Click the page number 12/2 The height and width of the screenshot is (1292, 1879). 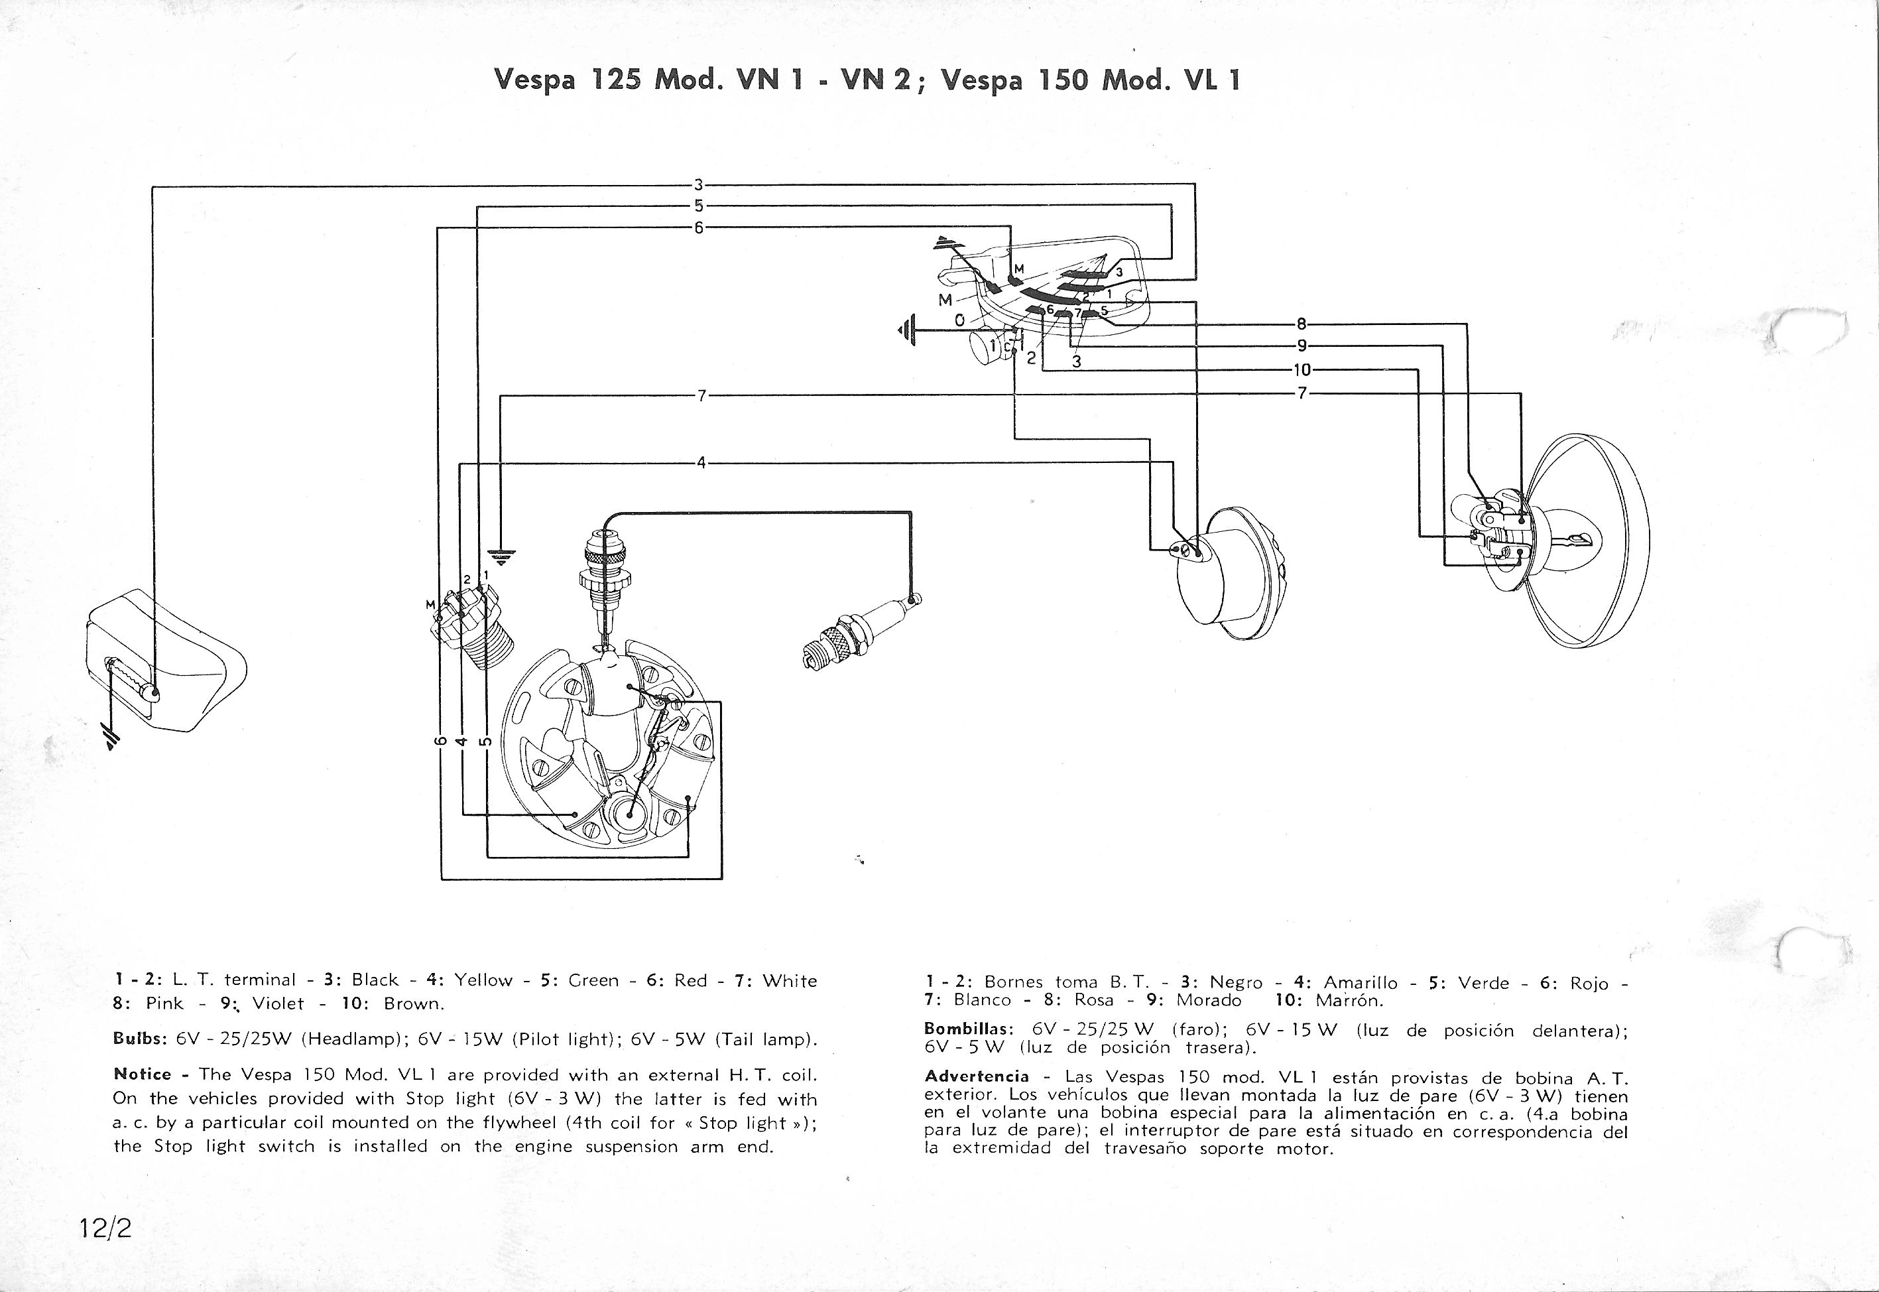pyautogui.click(x=105, y=1228)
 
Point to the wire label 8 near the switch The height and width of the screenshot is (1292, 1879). pyautogui.click(x=1302, y=324)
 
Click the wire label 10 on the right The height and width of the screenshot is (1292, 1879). pyautogui.click(x=1302, y=370)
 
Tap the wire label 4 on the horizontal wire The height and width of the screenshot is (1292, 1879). pyautogui.click(x=701, y=463)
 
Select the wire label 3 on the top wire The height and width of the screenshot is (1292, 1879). pyautogui.click(x=698, y=184)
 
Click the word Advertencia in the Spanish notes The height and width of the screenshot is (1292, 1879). pyautogui.click(x=976, y=1076)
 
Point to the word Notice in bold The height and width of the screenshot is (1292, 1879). pyautogui.click(x=143, y=1074)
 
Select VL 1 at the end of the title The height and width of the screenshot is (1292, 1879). pyautogui.click(x=1211, y=80)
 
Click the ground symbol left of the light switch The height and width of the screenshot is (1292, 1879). pyautogui.click(x=907, y=330)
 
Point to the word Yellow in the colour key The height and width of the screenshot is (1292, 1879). pyautogui.click(x=483, y=980)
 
